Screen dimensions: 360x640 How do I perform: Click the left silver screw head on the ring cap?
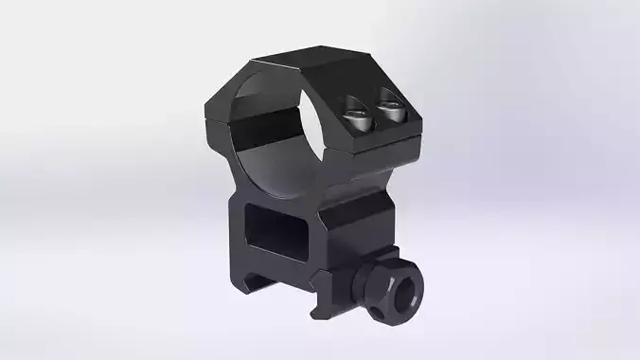click(x=358, y=117)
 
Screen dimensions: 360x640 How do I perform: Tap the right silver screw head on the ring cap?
click(x=390, y=114)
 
